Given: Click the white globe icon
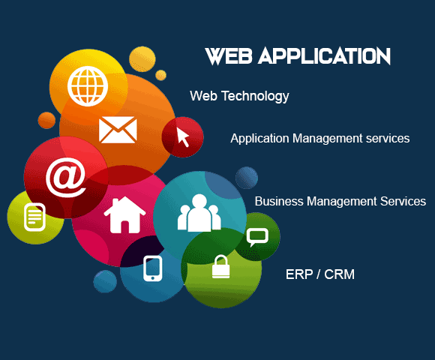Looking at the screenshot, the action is click(88, 86).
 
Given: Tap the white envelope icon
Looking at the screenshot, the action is click(118, 130).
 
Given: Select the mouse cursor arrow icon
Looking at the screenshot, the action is click(183, 137).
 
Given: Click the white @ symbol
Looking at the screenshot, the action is click(66, 177).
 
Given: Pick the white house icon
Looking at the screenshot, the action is click(124, 214).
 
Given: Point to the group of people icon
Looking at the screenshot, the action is click(199, 213).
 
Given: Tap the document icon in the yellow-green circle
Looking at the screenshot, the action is click(34, 217).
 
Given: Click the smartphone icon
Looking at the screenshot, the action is click(152, 268).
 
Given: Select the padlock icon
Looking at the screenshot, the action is click(220, 266).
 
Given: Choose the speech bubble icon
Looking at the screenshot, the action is click(257, 237).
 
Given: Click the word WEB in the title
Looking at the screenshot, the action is click(229, 56).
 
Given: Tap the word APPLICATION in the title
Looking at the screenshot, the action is click(324, 56).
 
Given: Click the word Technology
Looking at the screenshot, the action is click(255, 97).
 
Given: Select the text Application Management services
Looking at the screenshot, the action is click(319, 139).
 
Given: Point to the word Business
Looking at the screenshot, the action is click(279, 201).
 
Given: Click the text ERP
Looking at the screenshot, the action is click(299, 274).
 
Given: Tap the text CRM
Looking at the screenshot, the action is click(339, 274).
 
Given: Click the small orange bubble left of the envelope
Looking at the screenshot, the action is click(46, 120).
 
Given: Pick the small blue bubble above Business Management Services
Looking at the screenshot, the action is click(247, 178).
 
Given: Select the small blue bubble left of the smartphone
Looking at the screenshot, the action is click(105, 281).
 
